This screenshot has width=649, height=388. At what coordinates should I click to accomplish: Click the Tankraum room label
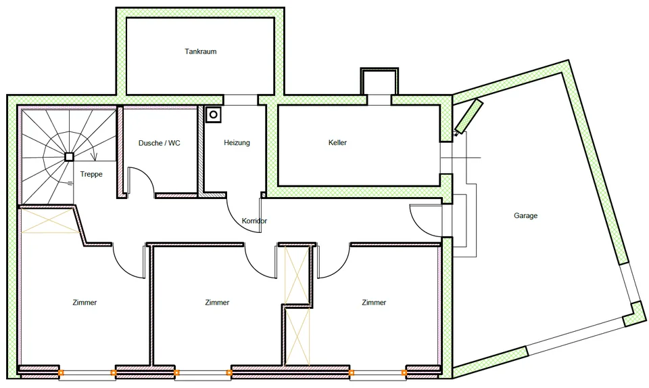point(201,51)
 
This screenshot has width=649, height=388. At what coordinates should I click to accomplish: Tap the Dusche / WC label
point(160,143)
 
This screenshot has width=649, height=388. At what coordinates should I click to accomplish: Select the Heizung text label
point(237,143)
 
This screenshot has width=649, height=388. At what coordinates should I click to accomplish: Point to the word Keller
point(337,143)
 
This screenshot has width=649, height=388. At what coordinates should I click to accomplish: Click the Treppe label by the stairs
point(91,174)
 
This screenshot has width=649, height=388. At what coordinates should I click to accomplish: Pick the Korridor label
point(254,221)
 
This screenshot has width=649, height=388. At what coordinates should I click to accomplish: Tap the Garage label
point(526,215)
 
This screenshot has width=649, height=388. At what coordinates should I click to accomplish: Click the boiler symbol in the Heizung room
point(214,114)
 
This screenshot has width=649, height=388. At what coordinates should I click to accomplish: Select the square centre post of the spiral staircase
point(69,156)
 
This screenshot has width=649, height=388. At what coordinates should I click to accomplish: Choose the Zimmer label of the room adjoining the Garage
point(374,303)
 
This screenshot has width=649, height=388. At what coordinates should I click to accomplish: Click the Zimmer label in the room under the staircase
point(85,303)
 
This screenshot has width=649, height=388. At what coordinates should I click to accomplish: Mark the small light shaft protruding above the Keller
point(379,82)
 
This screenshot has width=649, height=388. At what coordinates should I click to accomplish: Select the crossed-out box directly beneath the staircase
point(50,221)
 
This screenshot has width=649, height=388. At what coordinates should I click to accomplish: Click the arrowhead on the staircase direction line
point(94,156)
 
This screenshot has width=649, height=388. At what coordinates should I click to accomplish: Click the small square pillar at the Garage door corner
point(634,314)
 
